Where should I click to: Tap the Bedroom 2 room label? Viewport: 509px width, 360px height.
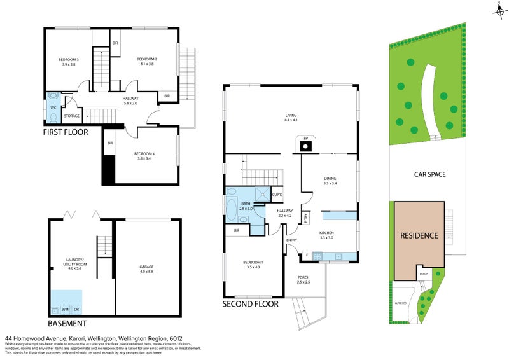click(146, 62)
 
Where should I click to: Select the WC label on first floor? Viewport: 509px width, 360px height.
click(53, 107)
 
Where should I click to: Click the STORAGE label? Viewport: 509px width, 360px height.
click(72, 116)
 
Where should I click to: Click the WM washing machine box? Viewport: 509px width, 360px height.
click(65, 309)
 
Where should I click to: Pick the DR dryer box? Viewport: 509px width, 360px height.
click(76, 309)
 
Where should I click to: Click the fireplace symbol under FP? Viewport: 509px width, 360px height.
click(305, 147)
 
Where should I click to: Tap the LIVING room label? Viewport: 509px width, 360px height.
click(291, 117)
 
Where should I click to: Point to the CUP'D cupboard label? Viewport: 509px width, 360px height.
click(277, 194)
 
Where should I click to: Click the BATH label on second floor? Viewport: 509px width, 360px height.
click(246, 205)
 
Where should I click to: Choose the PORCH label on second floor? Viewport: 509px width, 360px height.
click(304, 280)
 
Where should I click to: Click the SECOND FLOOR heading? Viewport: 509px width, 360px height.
click(250, 304)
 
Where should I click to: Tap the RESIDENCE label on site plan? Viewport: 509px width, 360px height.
click(419, 235)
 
